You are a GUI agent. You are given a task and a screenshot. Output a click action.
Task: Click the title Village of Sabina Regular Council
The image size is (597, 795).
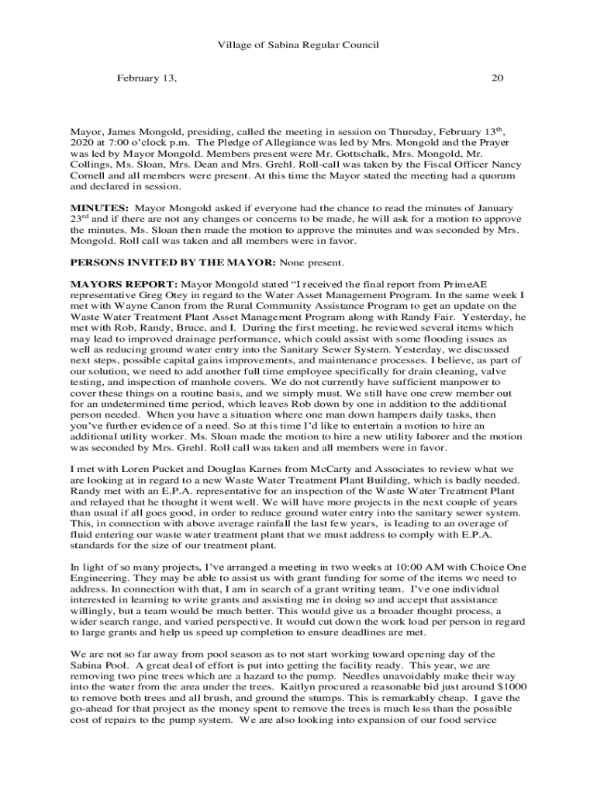tap(298, 45)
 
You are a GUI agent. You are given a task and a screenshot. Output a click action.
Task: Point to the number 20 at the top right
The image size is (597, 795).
tap(498, 78)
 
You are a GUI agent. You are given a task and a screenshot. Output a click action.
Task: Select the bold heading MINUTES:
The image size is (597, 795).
tap(99, 208)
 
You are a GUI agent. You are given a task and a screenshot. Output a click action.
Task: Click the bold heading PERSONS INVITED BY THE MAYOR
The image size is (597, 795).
tap(172, 262)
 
